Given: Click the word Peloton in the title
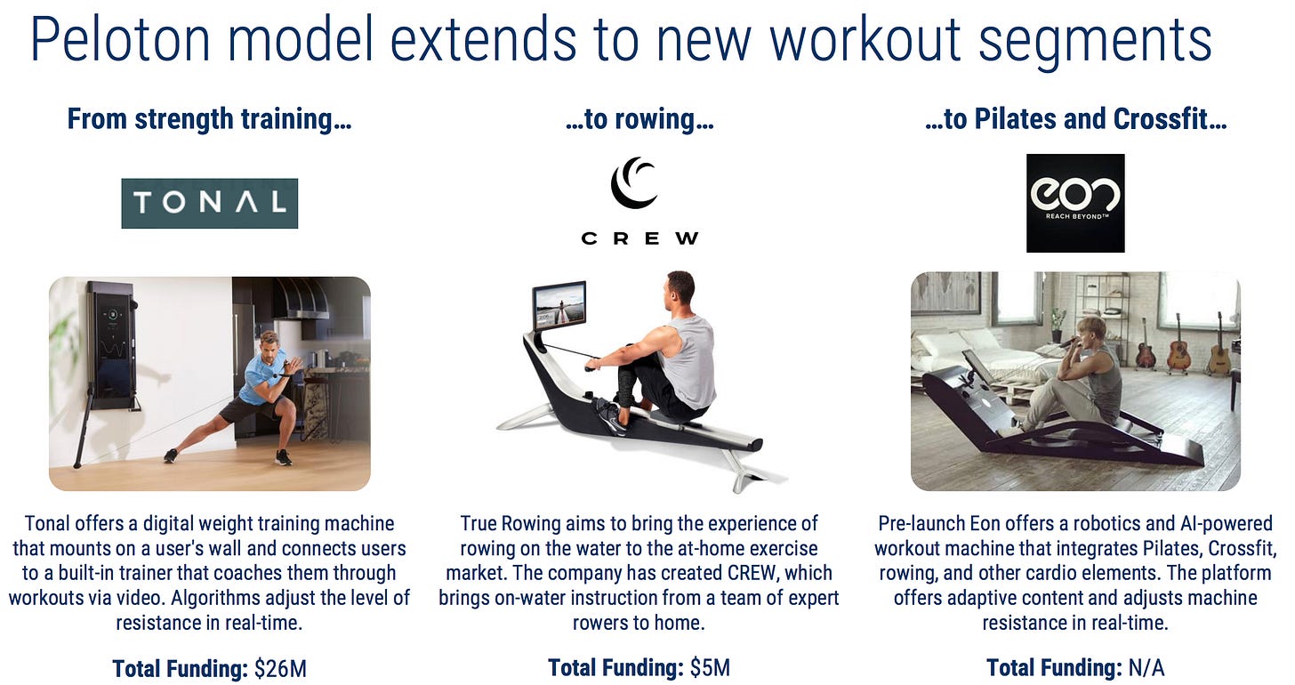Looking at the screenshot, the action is [120, 39].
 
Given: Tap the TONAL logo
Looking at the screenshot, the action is [209, 203].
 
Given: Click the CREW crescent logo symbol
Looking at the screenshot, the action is [634, 182].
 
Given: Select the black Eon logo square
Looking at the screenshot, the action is [1075, 203].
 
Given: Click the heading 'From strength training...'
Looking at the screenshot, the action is [209, 119].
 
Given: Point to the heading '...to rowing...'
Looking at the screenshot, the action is [639, 119].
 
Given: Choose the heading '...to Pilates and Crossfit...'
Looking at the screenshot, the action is [1075, 119].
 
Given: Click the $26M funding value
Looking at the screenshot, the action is [280, 669].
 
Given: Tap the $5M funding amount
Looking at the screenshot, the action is [710, 668].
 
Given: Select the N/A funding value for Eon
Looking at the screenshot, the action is [1146, 668].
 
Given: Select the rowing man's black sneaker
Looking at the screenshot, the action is [610, 415].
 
